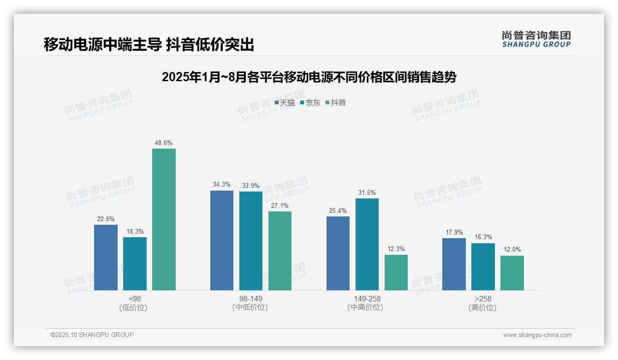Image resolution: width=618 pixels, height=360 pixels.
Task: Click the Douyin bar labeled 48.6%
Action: click(164, 219)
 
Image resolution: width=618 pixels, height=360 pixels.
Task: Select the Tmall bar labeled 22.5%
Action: click(106, 258)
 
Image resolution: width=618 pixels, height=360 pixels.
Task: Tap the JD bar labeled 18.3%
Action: click(135, 264)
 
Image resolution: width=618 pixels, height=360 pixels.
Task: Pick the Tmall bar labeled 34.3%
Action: click(222, 240)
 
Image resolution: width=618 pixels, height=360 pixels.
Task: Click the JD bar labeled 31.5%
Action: click(367, 244)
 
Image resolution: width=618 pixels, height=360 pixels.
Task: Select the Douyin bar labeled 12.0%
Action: click(512, 273)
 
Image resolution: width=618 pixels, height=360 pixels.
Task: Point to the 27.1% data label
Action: click(280, 205)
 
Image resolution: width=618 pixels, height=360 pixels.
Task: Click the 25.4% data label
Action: click(338, 210)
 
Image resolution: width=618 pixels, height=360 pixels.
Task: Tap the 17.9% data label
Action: click(454, 232)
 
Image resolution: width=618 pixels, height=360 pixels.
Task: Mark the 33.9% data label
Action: click(251, 186)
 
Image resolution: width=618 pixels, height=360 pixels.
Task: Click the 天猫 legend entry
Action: click(285, 102)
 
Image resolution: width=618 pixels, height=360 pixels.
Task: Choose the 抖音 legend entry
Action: click(336, 102)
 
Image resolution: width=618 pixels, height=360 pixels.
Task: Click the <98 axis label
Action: click(135, 299)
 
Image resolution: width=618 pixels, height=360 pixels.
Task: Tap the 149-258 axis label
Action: click(367, 299)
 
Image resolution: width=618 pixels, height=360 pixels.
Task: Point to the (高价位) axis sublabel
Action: click(483, 307)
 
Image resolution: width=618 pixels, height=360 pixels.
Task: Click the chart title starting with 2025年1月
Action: click(309, 77)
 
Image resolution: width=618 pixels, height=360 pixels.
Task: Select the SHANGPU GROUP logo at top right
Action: click(536, 39)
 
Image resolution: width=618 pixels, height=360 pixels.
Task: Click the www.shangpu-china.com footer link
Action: click(537, 335)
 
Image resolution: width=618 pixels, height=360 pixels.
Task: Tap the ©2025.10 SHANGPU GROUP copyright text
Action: click(92, 335)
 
